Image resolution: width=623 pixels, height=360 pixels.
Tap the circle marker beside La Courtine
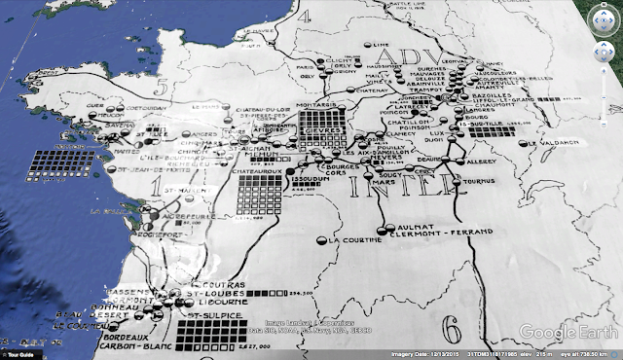[x=322, y=239]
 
